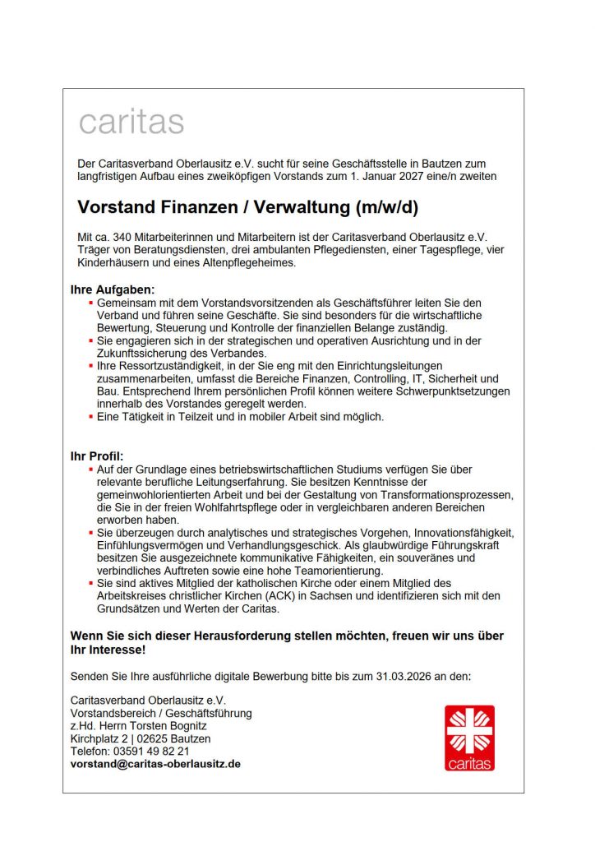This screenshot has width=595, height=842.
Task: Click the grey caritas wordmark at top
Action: coord(131,122)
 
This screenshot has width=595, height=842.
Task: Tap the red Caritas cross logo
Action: coord(470,738)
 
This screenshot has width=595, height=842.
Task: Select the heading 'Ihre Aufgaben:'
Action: coord(113,289)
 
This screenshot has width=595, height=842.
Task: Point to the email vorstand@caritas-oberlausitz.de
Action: coord(155,763)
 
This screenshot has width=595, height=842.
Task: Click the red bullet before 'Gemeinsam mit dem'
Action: coord(90,303)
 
